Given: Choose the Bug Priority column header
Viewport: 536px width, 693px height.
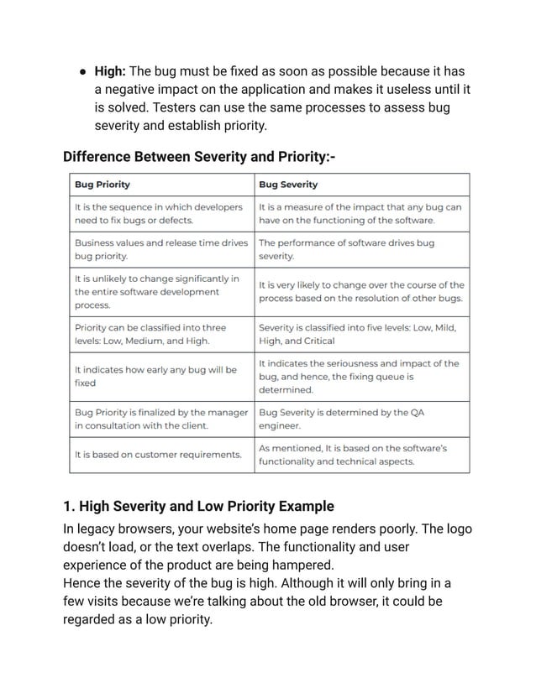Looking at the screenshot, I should click(x=102, y=185).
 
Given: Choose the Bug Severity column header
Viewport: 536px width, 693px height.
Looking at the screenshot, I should click(x=288, y=185).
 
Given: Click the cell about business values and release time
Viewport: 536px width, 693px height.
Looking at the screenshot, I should click(x=160, y=248).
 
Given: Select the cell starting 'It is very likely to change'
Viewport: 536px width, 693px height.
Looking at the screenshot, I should click(x=361, y=291).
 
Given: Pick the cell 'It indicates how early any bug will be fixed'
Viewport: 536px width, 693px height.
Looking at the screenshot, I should click(x=160, y=376).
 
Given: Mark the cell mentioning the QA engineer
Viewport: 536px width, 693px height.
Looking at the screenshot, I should click(x=361, y=418).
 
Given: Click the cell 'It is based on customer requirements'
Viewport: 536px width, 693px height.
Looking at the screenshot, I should click(x=160, y=455).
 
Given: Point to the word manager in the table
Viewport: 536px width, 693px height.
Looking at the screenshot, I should click(x=228, y=412).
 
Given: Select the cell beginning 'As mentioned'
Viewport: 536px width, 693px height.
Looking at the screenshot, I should click(x=361, y=455).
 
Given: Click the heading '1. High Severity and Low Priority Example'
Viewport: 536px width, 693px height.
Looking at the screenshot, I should click(x=199, y=506).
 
